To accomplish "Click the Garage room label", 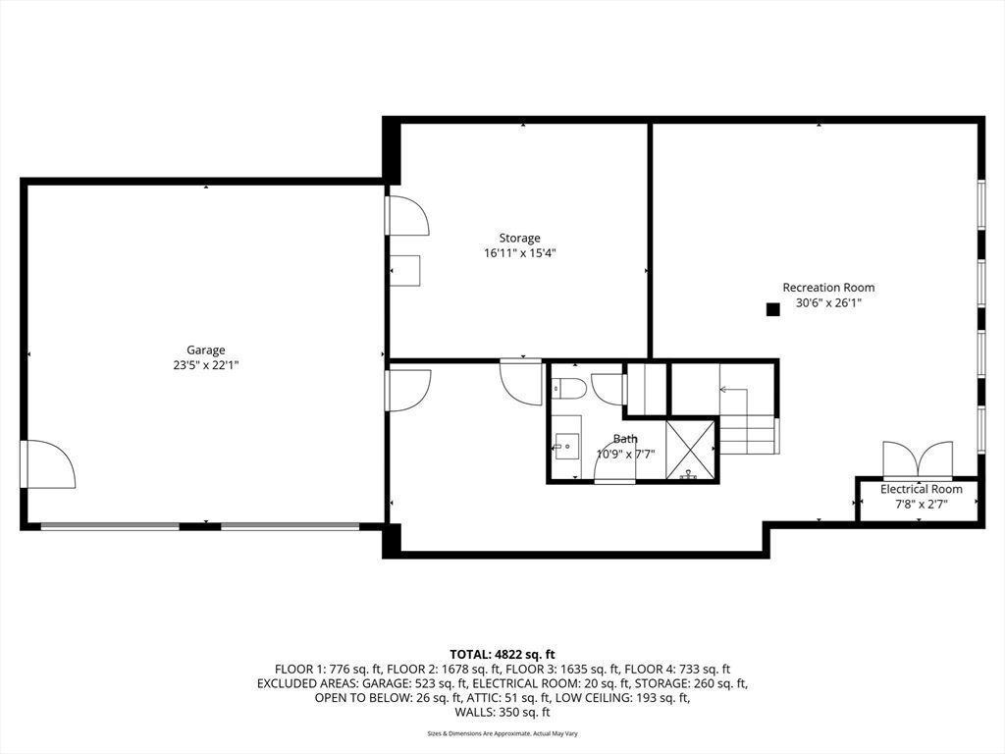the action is click(x=206, y=350).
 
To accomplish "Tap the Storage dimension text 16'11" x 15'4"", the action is click(x=520, y=253).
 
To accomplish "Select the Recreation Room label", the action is click(x=828, y=288).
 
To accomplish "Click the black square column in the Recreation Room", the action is click(x=773, y=309).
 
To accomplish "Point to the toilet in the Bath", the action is click(x=569, y=388).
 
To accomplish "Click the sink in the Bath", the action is click(x=566, y=447).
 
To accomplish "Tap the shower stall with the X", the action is click(x=690, y=450).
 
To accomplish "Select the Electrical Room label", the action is click(x=921, y=489).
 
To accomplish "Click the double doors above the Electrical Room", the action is click(x=918, y=460).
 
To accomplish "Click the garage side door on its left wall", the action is click(x=48, y=463).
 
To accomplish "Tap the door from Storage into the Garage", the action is click(x=407, y=215).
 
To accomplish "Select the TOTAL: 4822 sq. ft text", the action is click(x=502, y=655).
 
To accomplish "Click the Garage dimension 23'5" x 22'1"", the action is click(x=206, y=365).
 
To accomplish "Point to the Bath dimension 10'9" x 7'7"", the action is click(x=625, y=455).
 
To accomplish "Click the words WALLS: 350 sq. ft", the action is click(x=502, y=713).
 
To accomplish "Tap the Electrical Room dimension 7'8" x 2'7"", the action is click(x=921, y=504).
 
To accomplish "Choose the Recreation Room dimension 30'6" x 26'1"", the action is click(x=828, y=303).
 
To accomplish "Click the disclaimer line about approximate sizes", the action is click(x=502, y=733).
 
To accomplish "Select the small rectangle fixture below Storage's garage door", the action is click(x=406, y=271).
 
